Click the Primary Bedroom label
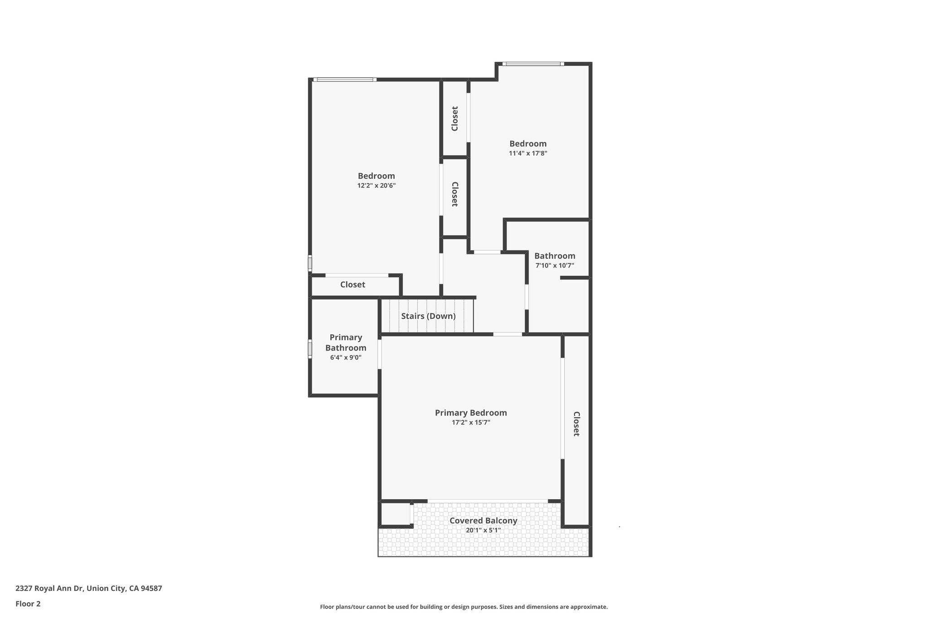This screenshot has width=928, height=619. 471,413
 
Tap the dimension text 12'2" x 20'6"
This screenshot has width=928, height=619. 376,185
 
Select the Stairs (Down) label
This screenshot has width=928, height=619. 428,316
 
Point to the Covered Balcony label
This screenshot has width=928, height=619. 483,521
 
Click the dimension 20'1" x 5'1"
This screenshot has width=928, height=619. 483,530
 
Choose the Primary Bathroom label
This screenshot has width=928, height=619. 346,342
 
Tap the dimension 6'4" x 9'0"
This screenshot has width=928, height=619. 346,357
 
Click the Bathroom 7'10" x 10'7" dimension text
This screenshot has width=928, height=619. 555,266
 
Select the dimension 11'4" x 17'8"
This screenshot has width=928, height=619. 528,153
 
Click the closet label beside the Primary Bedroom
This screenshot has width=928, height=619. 576,424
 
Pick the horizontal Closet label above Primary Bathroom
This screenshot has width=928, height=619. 353,285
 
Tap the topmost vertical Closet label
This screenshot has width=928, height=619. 455,119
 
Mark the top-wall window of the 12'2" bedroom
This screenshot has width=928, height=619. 345,80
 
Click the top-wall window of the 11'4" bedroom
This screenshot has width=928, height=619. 533,64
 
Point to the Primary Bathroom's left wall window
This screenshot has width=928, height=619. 310,349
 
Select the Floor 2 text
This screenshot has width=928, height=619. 28,604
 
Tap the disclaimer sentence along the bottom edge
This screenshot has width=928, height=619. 464,607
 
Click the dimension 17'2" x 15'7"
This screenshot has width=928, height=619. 471,423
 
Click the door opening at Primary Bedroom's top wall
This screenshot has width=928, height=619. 507,335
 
